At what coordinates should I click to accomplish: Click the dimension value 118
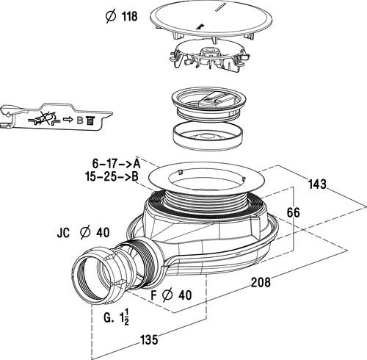130,16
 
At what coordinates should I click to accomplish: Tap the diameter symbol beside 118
112,16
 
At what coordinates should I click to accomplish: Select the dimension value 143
317,184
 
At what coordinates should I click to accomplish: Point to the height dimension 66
293,212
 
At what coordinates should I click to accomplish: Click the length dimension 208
261,282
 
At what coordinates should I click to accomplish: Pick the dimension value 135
149,340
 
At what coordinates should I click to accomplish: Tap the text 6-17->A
117,163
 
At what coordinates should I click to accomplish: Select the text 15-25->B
112,176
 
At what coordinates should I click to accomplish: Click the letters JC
63,233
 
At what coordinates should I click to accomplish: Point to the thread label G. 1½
116,317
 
